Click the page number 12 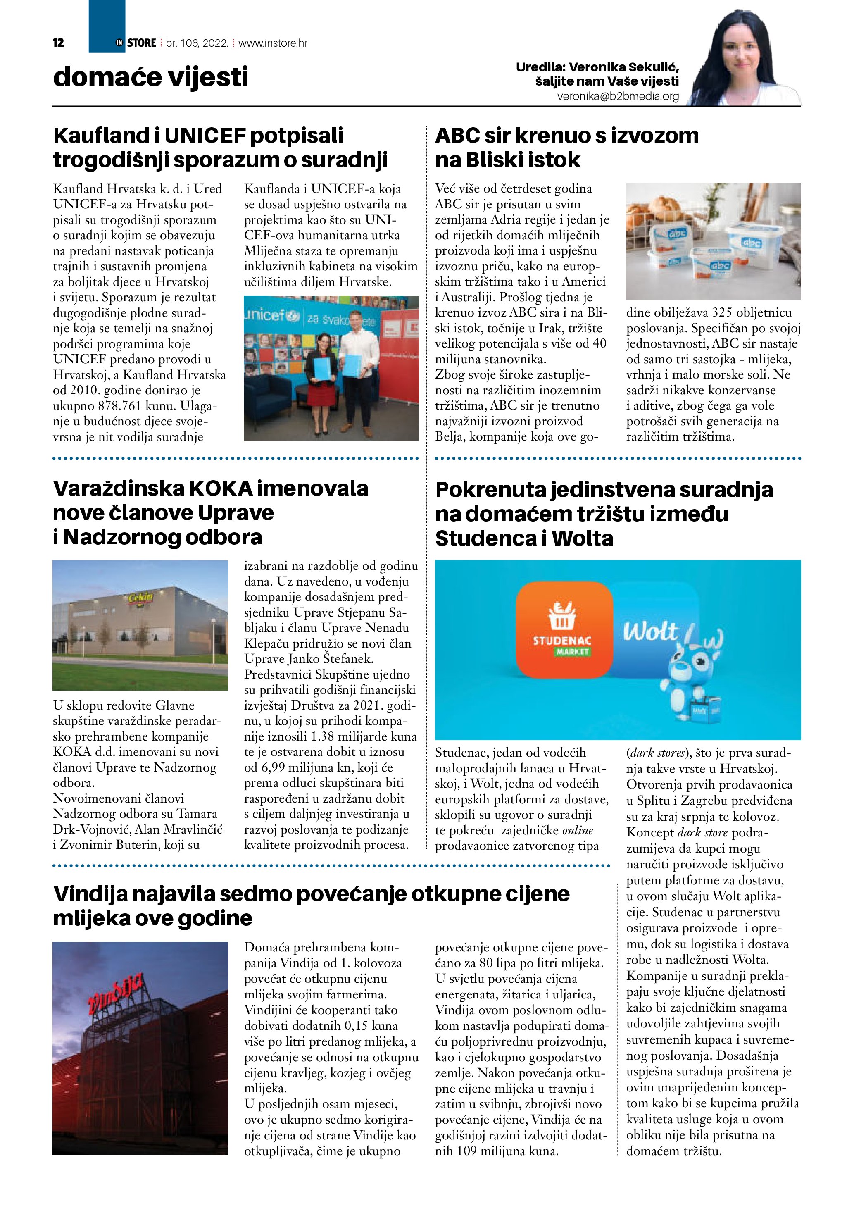(x=58, y=43)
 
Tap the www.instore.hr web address (x=273, y=43)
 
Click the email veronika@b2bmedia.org (x=618, y=97)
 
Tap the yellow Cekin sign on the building (x=140, y=598)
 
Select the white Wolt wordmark (x=651, y=631)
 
